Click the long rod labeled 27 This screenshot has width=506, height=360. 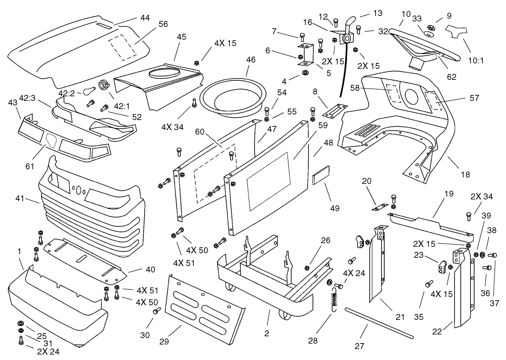[x=379, y=323]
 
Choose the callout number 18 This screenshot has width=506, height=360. [x=465, y=174]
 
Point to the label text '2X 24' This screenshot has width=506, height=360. [x=48, y=351]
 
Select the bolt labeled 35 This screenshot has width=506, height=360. [x=429, y=283]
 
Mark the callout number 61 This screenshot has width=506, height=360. [x=30, y=167]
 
